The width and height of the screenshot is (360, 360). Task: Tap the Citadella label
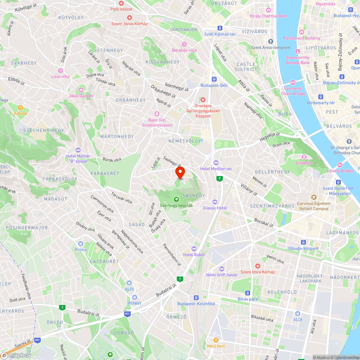(x=304, y=163)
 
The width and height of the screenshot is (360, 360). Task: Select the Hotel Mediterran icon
(x=216, y=162)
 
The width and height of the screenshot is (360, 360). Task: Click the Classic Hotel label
(x=215, y=208)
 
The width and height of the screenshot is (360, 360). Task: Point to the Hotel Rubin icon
(x=194, y=248)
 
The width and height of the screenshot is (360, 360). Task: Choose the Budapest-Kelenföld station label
(x=196, y=303)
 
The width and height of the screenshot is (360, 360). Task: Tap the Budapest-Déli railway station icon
(x=214, y=79)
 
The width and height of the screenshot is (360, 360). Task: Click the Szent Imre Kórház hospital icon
(x=258, y=266)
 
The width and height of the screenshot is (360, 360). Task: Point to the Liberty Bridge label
(x=340, y=171)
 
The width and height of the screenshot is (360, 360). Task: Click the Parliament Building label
(x=301, y=38)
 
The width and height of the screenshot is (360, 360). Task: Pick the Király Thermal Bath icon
(x=268, y=10)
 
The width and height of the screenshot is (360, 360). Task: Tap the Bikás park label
(x=248, y=299)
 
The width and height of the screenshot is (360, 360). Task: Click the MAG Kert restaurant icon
(x=216, y=339)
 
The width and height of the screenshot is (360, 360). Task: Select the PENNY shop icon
(x=135, y=297)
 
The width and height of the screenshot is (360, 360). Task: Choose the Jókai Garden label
(x=81, y=96)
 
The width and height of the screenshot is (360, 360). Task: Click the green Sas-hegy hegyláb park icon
(x=176, y=199)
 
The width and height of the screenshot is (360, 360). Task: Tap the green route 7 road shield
(x=219, y=179)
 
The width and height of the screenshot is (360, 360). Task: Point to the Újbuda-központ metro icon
(x=303, y=242)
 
